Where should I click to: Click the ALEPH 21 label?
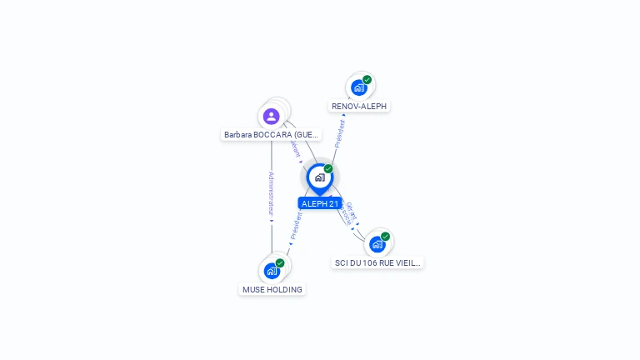(320, 203)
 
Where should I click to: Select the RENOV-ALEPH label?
(359, 107)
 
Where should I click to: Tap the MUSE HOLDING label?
(272, 289)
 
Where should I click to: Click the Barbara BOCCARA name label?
(271, 134)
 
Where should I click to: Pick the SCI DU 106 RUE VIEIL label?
(378, 262)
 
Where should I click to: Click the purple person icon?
(271, 117)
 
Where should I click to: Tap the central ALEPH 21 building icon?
(319, 177)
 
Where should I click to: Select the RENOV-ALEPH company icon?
(358, 87)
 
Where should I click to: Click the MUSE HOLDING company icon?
(272, 271)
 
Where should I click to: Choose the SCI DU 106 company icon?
(377, 244)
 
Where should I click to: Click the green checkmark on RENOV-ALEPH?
(367, 80)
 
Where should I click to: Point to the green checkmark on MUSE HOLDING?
(280, 263)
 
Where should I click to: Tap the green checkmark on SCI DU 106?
(385, 237)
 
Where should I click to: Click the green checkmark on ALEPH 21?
(328, 168)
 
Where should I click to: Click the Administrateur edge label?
(272, 196)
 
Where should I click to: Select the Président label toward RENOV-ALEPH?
(340, 133)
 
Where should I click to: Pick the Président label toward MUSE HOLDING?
(296, 227)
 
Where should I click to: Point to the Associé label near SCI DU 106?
(345, 217)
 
